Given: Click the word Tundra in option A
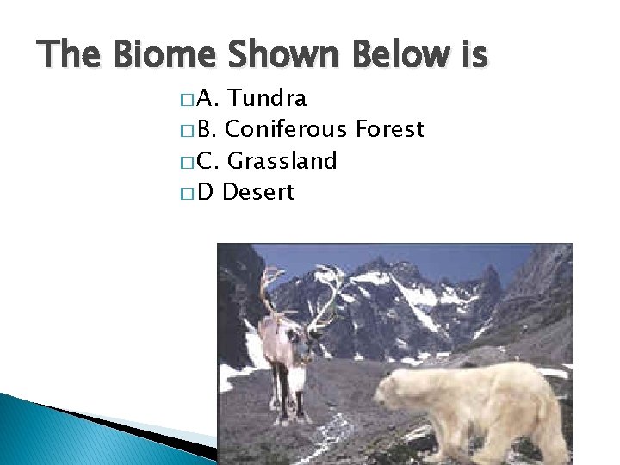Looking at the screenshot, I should tap(269, 99).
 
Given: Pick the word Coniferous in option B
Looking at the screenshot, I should tap(284, 130).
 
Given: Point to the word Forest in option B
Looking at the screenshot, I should tap(388, 130).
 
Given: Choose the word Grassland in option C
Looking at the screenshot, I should tap(282, 161).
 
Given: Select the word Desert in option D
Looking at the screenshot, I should tap(258, 192).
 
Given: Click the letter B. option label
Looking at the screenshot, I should tap(208, 130).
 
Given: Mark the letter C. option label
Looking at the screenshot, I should tap(208, 161).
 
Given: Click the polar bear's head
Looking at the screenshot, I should tap(400, 392).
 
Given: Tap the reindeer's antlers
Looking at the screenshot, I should tap(297, 293).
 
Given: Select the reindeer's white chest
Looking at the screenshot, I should tap(297, 375).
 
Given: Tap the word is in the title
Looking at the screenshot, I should tap(473, 56).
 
